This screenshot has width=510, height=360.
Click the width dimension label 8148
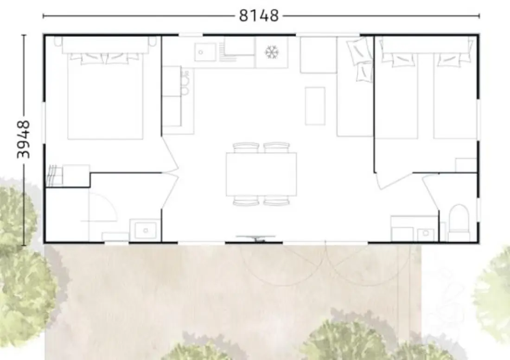259,15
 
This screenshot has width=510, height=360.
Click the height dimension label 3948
24,139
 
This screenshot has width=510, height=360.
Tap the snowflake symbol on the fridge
272,52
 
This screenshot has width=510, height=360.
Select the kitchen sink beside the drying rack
205,52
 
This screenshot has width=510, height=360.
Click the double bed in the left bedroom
105,94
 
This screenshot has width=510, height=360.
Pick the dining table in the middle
261,174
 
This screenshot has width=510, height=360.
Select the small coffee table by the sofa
315,106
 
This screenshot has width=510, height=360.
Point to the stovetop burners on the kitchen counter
185,83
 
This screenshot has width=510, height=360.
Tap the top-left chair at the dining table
246,148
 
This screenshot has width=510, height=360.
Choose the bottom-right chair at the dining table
276,200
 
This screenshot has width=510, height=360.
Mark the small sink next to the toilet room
426,233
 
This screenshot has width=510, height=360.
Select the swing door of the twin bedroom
394,181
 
